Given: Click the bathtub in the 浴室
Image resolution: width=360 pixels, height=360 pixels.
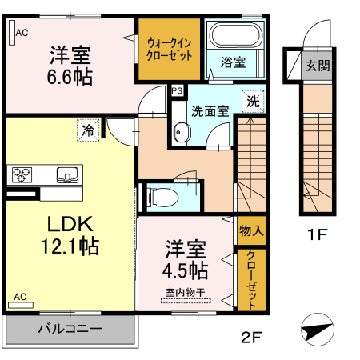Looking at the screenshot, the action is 235,35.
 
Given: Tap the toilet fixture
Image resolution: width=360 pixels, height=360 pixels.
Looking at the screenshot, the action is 163,198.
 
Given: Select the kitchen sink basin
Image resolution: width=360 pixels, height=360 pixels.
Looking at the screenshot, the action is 67,174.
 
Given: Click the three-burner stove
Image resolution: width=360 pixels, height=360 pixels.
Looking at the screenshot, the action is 22,174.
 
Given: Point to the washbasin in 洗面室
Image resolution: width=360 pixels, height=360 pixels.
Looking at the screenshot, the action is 182,132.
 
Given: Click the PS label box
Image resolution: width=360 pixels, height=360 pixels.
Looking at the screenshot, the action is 177,91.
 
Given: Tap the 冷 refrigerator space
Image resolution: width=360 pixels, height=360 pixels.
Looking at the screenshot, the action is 88,130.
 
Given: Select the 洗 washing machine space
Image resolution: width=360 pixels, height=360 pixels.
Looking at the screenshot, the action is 253,102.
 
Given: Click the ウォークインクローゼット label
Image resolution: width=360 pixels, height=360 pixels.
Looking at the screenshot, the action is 169,50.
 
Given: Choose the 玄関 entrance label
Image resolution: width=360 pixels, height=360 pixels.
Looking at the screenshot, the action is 318,66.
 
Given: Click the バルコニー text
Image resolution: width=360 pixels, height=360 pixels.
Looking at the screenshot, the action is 70,328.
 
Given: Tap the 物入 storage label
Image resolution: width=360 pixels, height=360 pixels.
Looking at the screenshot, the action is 251,230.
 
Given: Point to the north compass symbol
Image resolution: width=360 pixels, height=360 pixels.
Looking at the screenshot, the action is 318,330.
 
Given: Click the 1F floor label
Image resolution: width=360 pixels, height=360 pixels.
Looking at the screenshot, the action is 317,234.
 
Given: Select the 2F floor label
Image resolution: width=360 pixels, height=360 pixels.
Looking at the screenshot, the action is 251,338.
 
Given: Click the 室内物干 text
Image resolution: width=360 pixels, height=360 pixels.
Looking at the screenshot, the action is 185,293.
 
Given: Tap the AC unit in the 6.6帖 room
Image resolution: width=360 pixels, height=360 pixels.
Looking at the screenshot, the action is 12,33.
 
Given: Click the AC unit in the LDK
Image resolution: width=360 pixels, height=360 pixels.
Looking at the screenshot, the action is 21,305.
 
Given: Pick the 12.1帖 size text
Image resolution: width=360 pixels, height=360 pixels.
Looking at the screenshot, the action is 70,246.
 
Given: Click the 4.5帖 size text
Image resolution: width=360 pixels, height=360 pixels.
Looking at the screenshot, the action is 186,270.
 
